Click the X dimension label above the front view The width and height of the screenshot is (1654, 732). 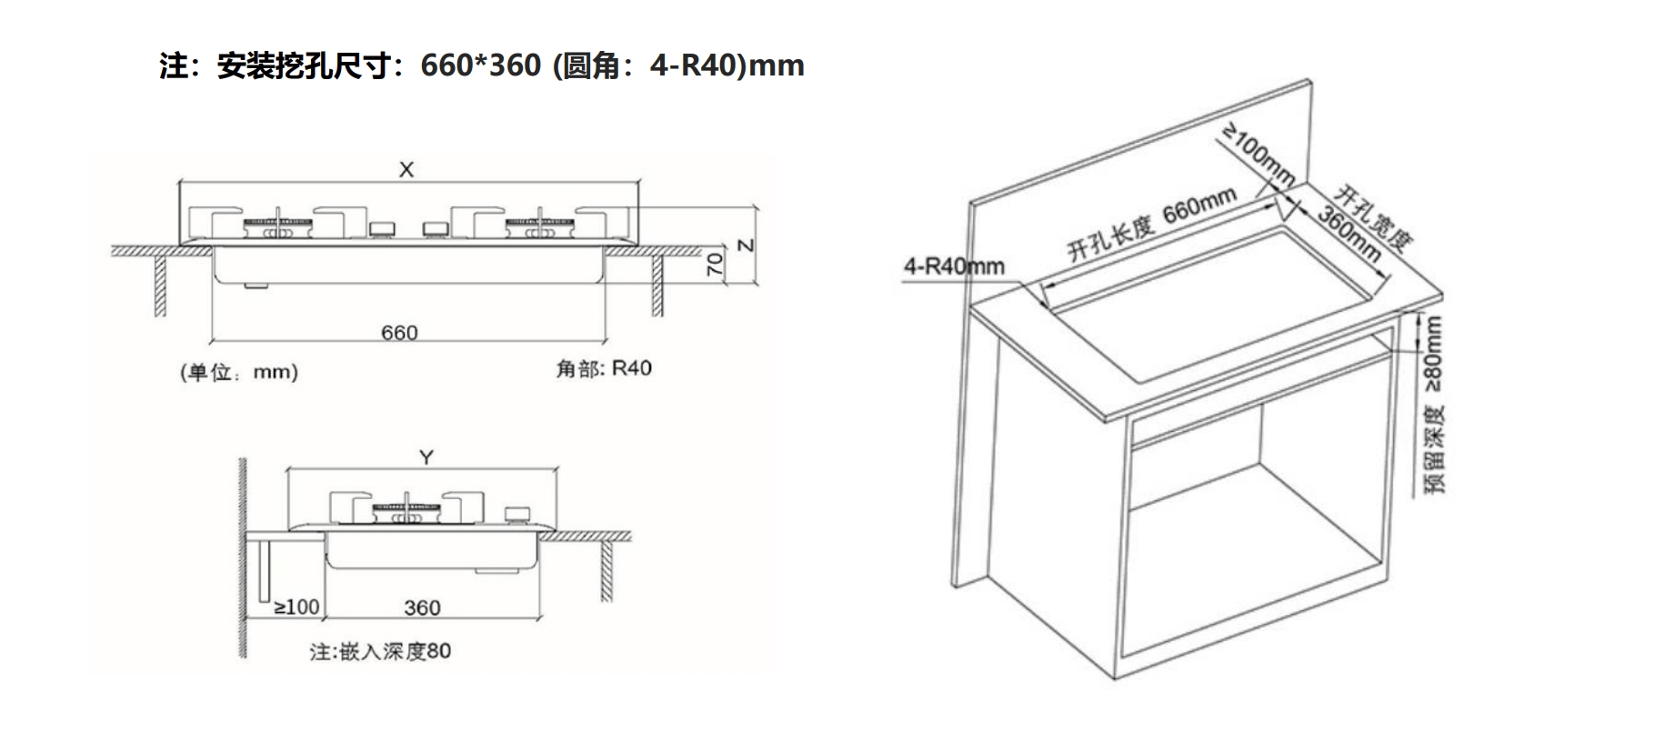click(x=406, y=169)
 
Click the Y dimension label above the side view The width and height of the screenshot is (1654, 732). click(x=426, y=457)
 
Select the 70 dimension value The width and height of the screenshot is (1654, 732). click(x=716, y=265)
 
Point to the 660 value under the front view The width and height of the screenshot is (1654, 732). click(x=399, y=333)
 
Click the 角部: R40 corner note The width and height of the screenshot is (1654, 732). click(x=604, y=368)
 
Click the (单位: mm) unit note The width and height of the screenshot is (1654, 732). click(x=239, y=372)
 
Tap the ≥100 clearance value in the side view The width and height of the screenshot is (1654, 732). click(x=296, y=607)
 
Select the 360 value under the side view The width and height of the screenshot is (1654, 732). click(x=422, y=607)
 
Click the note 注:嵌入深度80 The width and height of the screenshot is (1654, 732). click(x=380, y=651)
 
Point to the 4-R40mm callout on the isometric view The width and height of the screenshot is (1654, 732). click(x=954, y=266)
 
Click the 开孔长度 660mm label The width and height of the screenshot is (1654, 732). click(x=1152, y=224)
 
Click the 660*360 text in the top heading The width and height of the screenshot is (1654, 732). click(x=480, y=65)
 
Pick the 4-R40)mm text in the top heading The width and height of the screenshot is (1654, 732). click(x=727, y=65)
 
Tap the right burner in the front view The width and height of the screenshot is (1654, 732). click(x=541, y=227)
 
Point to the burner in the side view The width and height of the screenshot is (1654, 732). click(x=406, y=512)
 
